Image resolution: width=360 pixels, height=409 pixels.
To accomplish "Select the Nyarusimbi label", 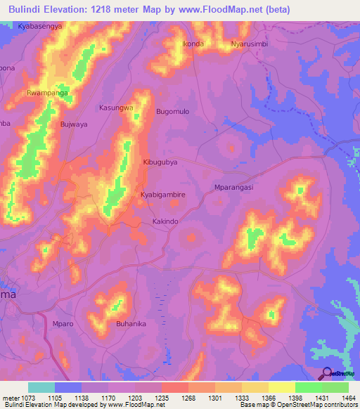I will tap(251, 44).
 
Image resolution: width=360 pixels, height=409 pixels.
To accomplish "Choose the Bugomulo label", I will tap(173, 112).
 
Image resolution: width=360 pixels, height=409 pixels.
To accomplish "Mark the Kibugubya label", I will tap(161, 161).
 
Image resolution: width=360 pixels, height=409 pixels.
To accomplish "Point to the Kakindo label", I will tap(166, 221).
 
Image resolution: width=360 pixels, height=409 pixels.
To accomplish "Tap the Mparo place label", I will tap(63, 324).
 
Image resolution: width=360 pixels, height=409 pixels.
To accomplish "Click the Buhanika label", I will tap(131, 324).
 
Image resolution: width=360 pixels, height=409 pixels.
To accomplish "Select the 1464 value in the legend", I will tap(349, 397).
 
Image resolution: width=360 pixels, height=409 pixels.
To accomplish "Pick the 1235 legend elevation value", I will tap(162, 397).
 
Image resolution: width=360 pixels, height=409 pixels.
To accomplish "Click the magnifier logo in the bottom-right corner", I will tap(327, 373).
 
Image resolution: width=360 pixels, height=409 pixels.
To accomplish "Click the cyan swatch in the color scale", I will tap(41, 387).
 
